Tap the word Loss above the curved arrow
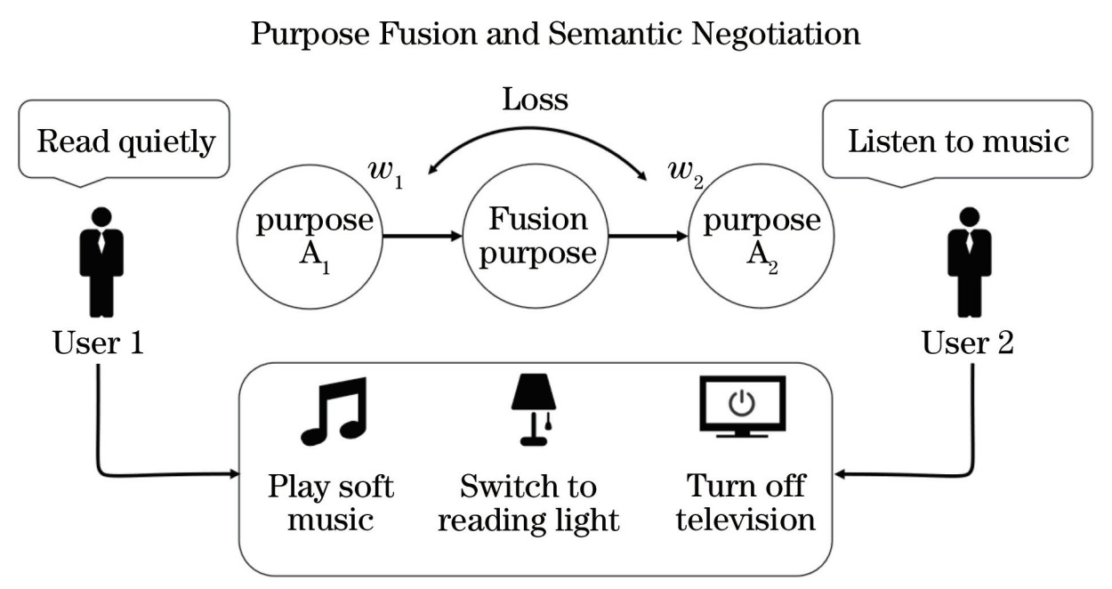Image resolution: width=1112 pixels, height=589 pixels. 536,99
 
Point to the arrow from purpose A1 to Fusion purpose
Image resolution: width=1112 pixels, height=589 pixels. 422,238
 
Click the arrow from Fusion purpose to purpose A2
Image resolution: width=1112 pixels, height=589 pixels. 647,238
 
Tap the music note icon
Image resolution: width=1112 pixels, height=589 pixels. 333,411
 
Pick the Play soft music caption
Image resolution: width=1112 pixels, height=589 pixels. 332,503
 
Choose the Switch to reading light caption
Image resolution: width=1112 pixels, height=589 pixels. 528,503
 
